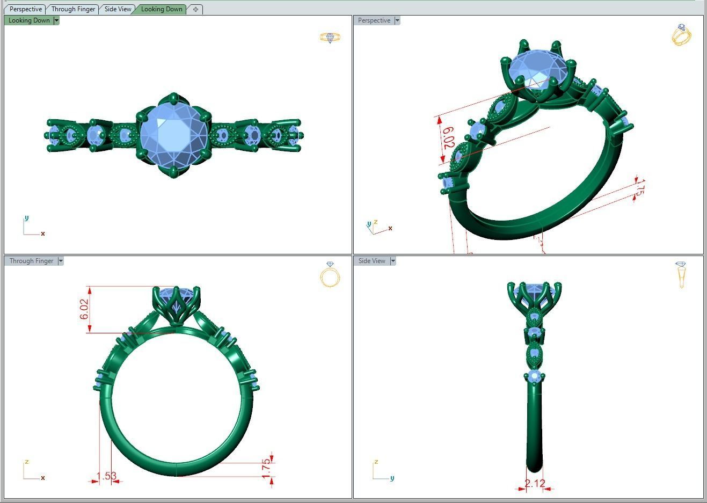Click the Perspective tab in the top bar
pos(25,9)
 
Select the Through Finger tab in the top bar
pos(73,9)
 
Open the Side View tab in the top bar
pos(118,9)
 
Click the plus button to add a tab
pos(195,9)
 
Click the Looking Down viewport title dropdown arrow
pos(56,20)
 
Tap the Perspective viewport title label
pos(374,20)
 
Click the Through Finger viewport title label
pos(31,261)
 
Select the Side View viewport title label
pos(371,261)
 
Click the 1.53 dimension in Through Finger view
pos(106,476)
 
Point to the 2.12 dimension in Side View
pos(535,483)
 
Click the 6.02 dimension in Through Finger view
pos(84,309)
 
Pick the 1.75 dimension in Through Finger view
pos(266,468)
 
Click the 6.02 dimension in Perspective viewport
pos(448,138)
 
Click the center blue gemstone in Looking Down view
pos(173,135)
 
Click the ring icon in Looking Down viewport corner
pos(330,37)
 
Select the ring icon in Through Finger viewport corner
pos(330,275)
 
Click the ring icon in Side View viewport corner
pos(681,274)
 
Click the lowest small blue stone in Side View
pos(534,377)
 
